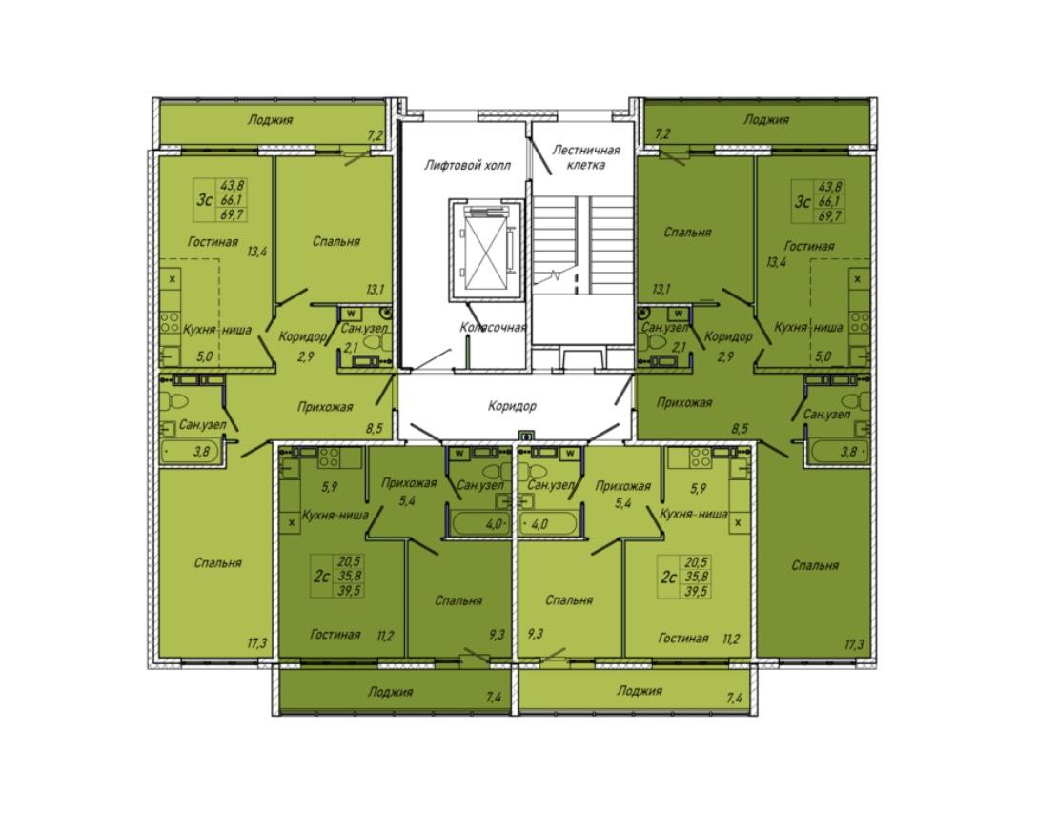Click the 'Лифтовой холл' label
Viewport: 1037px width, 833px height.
467,165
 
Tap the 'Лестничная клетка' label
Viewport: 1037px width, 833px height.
586,157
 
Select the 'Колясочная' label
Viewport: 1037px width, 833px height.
494,327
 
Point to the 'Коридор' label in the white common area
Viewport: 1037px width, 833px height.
512,406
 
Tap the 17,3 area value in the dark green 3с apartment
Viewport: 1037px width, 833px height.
854,644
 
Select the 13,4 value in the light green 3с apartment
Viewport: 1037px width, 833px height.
256,252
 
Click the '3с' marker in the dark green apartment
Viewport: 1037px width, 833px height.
803,200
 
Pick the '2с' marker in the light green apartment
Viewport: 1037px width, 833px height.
669,578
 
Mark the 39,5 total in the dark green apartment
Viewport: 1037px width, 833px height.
349,590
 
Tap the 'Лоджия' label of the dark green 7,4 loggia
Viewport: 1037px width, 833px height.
390,692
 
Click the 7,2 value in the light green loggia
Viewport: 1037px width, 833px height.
375,136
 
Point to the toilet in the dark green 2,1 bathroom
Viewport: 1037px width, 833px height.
654,342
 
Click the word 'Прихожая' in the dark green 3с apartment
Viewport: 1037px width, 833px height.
683,402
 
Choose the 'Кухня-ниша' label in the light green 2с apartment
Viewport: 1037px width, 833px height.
693,514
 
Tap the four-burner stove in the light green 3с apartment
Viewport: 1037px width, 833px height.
170,322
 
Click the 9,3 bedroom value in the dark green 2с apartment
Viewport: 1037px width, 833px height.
497,634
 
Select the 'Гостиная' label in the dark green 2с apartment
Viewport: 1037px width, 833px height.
335,635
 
